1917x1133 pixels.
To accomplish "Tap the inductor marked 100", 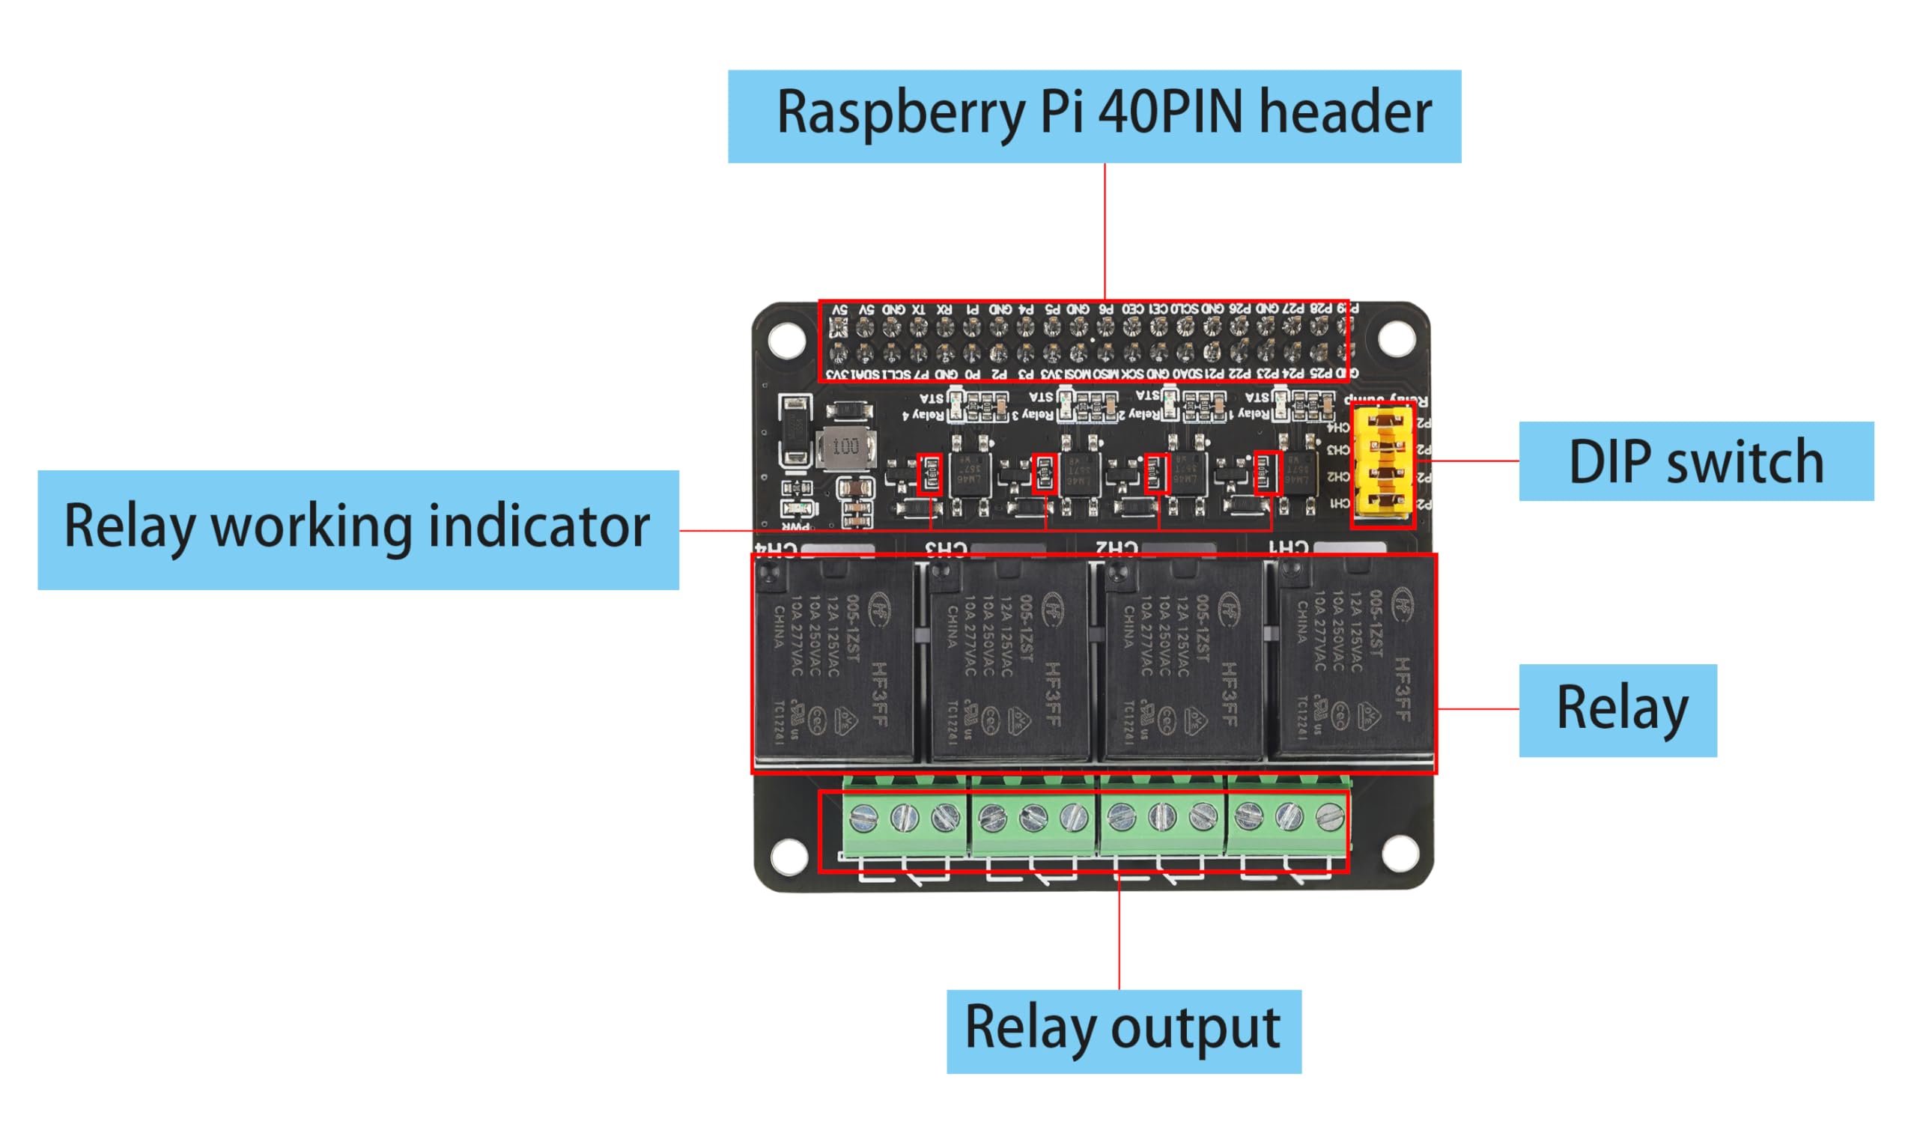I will pyautogui.click(x=845, y=446).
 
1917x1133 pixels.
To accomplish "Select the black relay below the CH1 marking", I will pyautogui.click(x=1352, y=660).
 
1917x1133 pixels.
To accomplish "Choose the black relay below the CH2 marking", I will pyautogui.click(x=1181, y=661).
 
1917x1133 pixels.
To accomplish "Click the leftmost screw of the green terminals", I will pyautogui.click(x=863, y=818).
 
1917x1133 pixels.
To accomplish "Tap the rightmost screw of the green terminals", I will pyautogui.click(x=1330, y=818).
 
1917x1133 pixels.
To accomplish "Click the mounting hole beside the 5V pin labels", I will pyautogui.click(x=786, y=339).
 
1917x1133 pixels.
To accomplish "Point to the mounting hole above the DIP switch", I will pyautogui.click(x=1397, y=338).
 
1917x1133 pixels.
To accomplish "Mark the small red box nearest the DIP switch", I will pyautogui.click(x=1268, y=473).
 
